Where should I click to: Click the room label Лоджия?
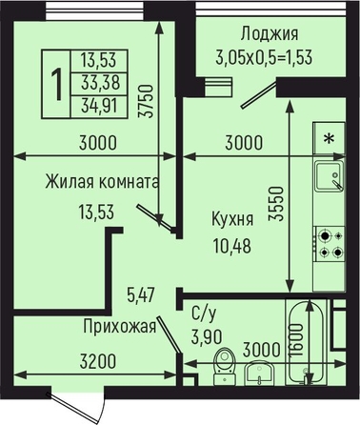[x=270, y=34]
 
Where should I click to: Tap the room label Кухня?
[x=232, y=219]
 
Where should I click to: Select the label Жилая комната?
[x=102, y=182]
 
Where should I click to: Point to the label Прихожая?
[x=120, y=327]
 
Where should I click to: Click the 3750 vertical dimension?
[x=147, y=101]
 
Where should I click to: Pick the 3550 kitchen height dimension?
[x=275, y=204]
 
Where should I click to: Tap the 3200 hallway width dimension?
[x=98, y=362]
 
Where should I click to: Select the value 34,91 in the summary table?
[x=99, y=106]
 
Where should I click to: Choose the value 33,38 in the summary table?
[x=100, y=83]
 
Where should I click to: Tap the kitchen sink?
[x=330, y=175]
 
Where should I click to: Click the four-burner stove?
[x=330, y=244]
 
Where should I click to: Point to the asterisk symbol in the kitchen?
[x=330, y=138]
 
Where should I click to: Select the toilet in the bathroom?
[x=225, y=366]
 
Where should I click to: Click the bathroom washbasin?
[x=259, y=374]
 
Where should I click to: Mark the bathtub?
[x=306, y=341]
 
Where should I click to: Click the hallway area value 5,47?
[x=140, y=295]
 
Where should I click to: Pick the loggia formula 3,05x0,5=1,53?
[x=264, y=57]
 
